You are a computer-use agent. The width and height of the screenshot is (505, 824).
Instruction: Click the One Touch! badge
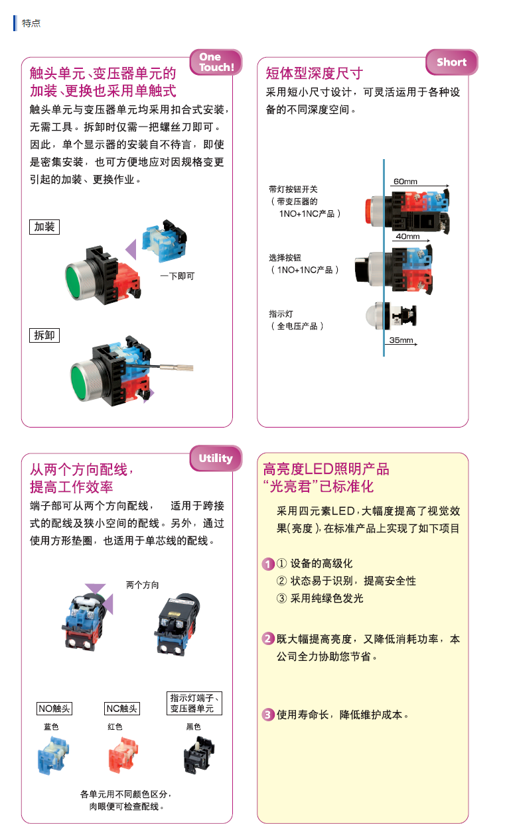(216, 62)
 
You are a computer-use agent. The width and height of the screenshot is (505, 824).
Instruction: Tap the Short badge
(452, 62)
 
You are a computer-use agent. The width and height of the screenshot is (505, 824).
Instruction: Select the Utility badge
(216, 458)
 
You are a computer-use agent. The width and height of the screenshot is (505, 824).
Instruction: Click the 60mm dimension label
(405, 182)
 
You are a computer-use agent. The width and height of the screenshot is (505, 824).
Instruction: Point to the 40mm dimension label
(407, 237)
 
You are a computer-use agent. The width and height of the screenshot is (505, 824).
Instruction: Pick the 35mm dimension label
(401, 340)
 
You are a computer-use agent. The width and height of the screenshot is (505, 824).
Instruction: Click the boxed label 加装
(44, 227)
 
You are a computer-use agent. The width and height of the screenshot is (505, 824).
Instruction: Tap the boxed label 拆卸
(44, 335)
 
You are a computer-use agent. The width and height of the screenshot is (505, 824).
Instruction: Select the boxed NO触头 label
(54, 709)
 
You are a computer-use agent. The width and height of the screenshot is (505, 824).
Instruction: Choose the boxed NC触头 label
(122, 709)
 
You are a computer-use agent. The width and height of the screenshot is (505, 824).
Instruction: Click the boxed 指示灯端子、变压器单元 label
(194, 703)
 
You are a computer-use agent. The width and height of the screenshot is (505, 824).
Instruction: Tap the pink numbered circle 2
(268, 638)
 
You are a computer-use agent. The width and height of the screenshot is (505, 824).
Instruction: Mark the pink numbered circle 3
(268, 715)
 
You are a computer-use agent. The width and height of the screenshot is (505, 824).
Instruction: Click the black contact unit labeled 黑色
(199, 754)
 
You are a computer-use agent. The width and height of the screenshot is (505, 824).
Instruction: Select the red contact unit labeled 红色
(123, 755)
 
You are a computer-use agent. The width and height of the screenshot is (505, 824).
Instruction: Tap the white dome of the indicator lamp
(374, 316)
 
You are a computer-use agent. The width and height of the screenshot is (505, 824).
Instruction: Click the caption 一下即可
(177, 276)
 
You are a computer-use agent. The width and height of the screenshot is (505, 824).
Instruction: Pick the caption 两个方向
(142, 585)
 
